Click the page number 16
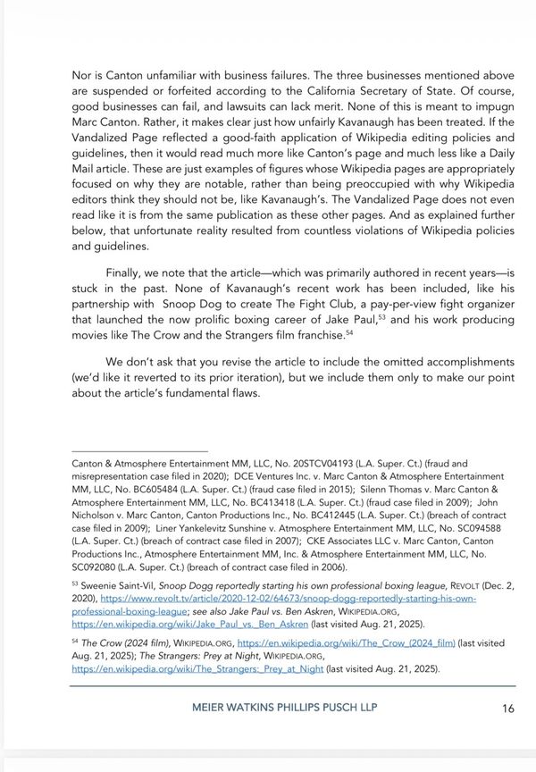tap(507, 709)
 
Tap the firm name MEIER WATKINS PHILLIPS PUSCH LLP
tap(284, 709)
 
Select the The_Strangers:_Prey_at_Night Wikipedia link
tap(198, 667)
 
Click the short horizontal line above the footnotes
tap(139, 451)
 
